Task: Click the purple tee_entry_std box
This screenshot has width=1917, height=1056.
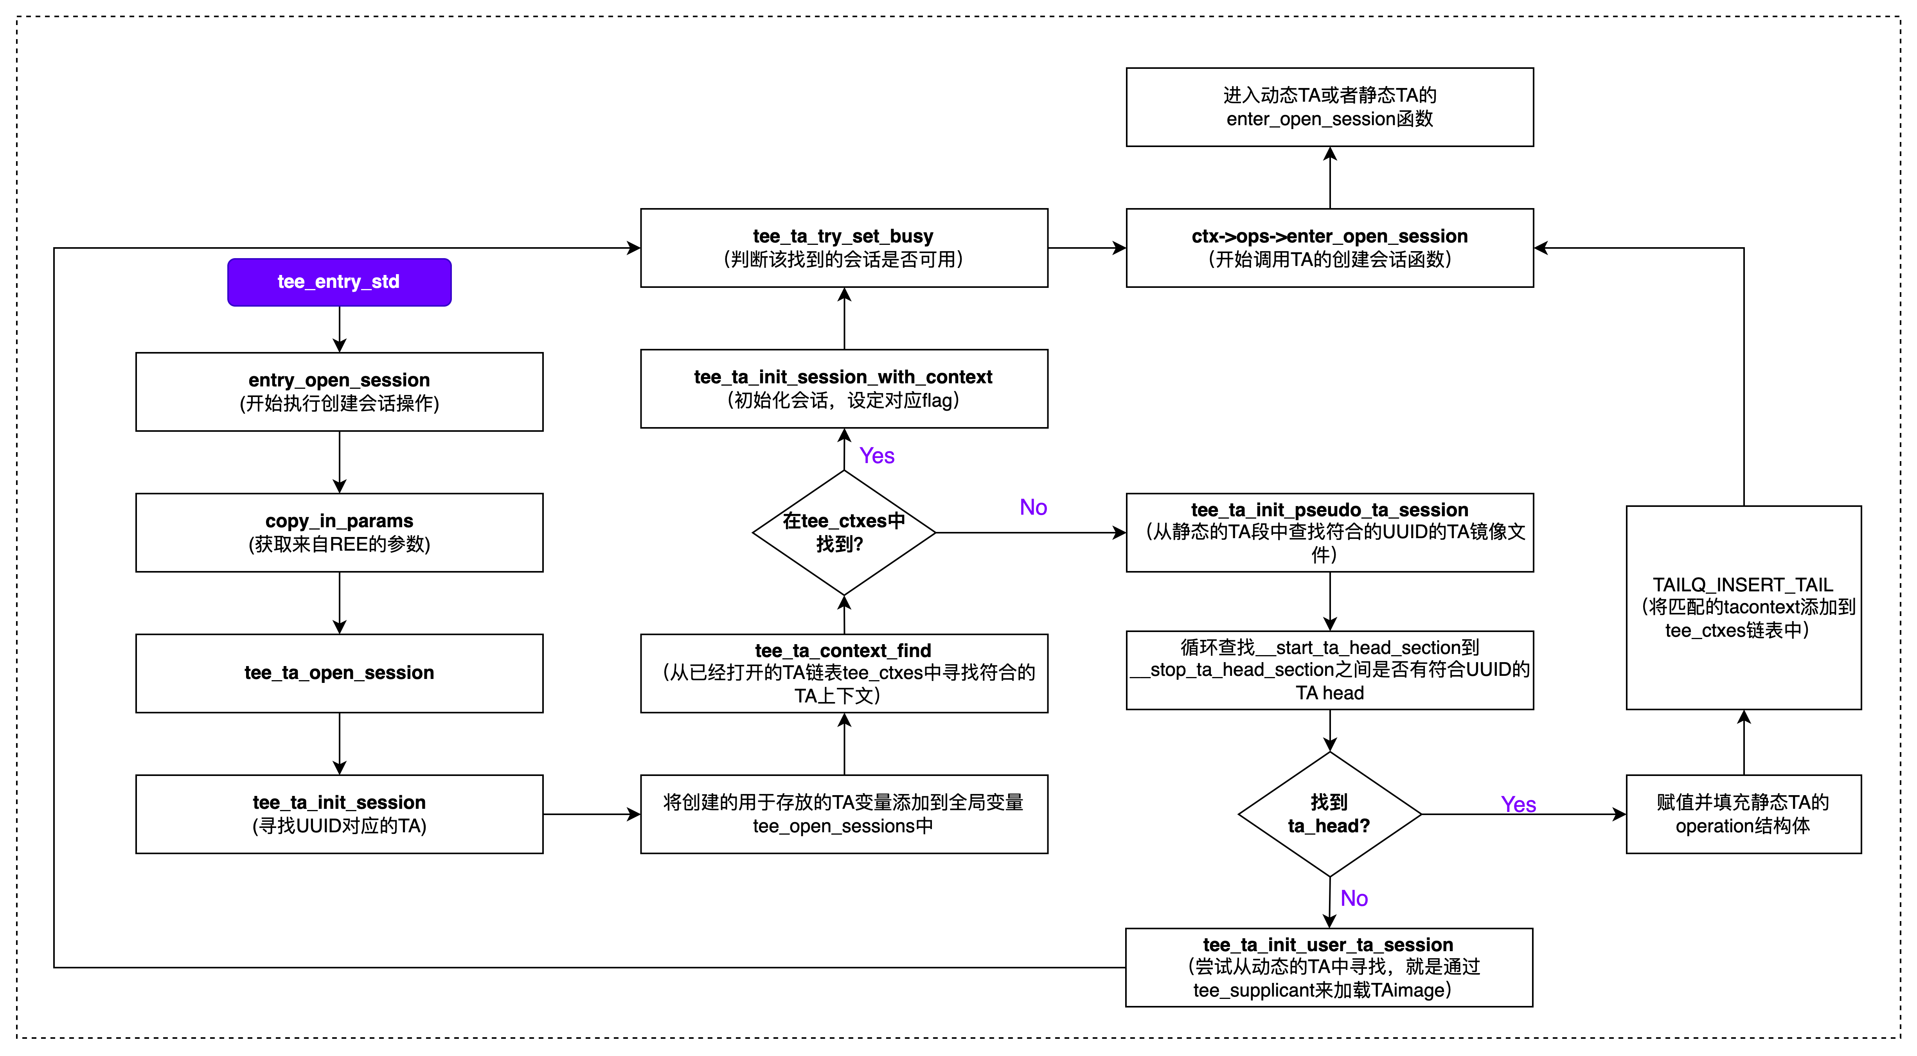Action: click(x=339, y=282)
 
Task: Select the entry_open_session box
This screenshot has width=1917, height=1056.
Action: click(x=339, y=392)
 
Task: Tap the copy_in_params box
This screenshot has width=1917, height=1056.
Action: click(x=339, y=532)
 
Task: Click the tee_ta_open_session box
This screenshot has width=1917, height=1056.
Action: click(x=339, y=673)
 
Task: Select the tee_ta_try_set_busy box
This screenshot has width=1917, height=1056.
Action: click(x=844, y=248)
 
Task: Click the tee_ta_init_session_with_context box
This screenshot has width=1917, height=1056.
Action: click(x=844, y=388)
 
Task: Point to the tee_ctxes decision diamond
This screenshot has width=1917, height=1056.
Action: click(x=844, y=532)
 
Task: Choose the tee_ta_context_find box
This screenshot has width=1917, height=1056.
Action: click(x=844, y=673)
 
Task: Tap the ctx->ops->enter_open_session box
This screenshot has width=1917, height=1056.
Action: click(x=1329, y=248)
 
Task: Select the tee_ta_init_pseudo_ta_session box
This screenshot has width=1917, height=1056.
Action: click(x=1329, y=532)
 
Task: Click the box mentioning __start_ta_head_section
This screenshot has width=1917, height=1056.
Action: click(x=1329, y=670)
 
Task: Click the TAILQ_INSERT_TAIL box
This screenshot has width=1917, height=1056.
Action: click(x=1743, y=607)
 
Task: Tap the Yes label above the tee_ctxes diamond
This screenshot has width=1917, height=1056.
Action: click(x=877, y=455)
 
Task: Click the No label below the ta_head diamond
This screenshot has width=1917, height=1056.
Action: click(x=1354, y=898)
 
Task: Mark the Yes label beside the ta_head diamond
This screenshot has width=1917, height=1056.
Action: click(x=1518, y=805)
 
